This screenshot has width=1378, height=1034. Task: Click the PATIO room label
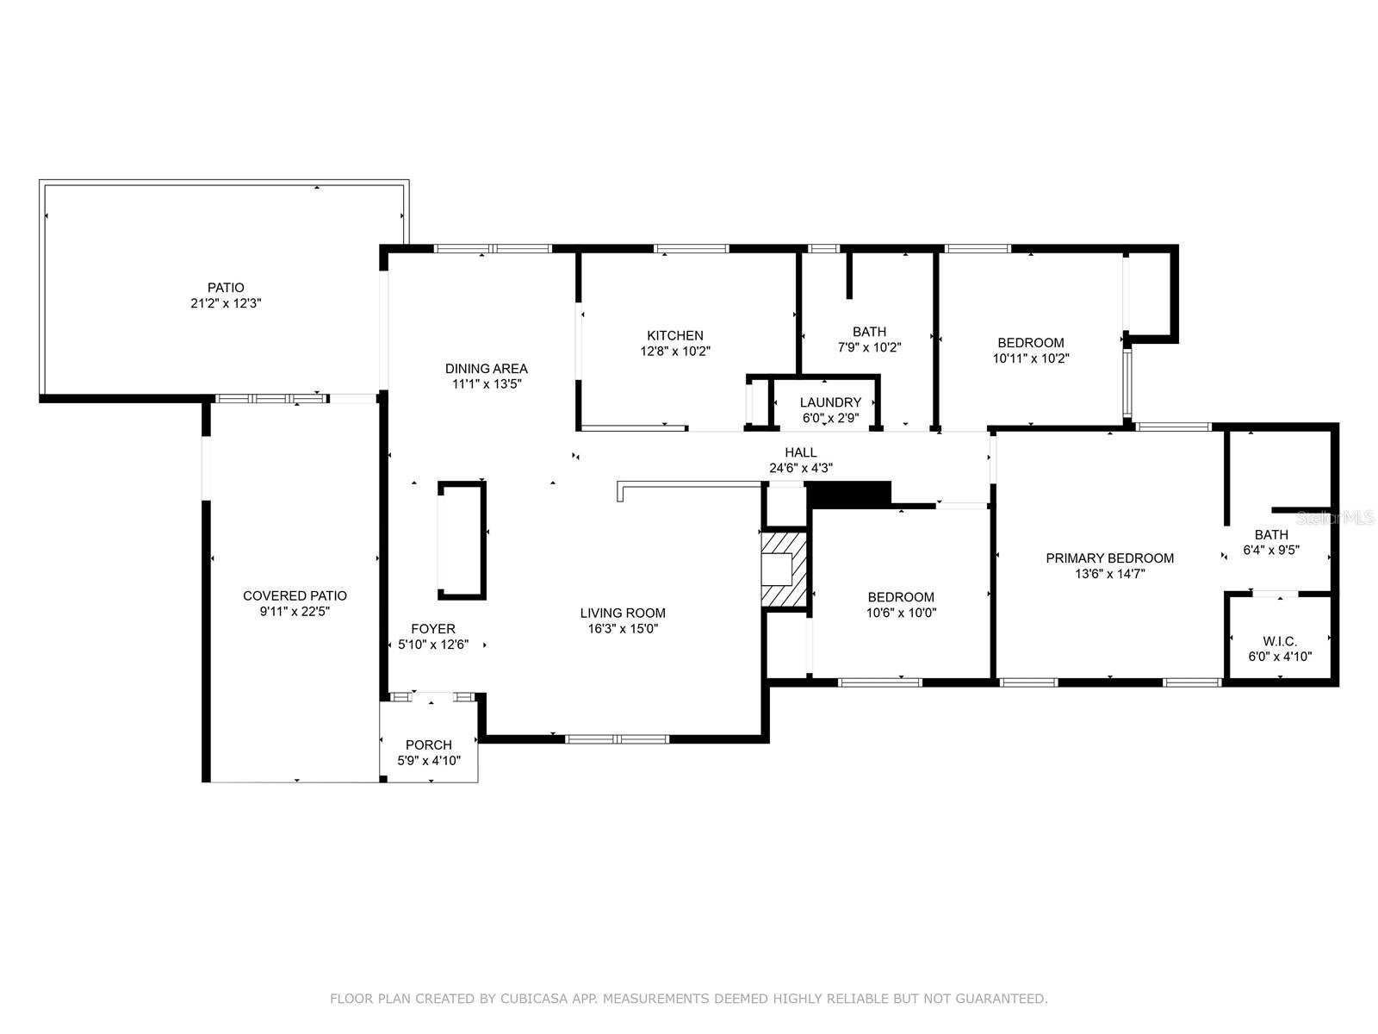(226, 288)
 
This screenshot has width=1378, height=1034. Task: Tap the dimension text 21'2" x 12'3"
(226, 303)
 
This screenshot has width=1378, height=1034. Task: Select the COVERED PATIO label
(295, 595)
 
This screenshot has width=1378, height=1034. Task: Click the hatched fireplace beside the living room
(784, 570)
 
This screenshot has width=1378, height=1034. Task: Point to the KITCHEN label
(675, 335)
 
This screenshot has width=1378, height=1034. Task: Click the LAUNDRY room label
(830, 402)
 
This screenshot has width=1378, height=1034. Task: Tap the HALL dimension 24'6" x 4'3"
(800, 468)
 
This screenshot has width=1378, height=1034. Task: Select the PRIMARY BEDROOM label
(1109, 558)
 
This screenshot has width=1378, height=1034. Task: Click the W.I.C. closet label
(1280, 641)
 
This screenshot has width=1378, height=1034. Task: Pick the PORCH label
(429, 745)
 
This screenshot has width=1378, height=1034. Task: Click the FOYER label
(433, 629)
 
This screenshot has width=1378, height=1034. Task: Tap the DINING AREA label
(486, 369)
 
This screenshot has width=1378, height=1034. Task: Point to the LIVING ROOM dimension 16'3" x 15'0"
(622, 629)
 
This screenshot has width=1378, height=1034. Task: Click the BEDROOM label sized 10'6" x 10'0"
(901, 597)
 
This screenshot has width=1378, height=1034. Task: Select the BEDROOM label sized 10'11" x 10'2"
(1031, 343)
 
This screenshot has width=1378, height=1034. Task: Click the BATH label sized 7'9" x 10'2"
(869, 332)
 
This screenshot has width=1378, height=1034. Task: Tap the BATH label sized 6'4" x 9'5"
(1271, 535)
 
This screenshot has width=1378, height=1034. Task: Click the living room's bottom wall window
(618, 738)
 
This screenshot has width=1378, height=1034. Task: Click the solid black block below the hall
(847, 493)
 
